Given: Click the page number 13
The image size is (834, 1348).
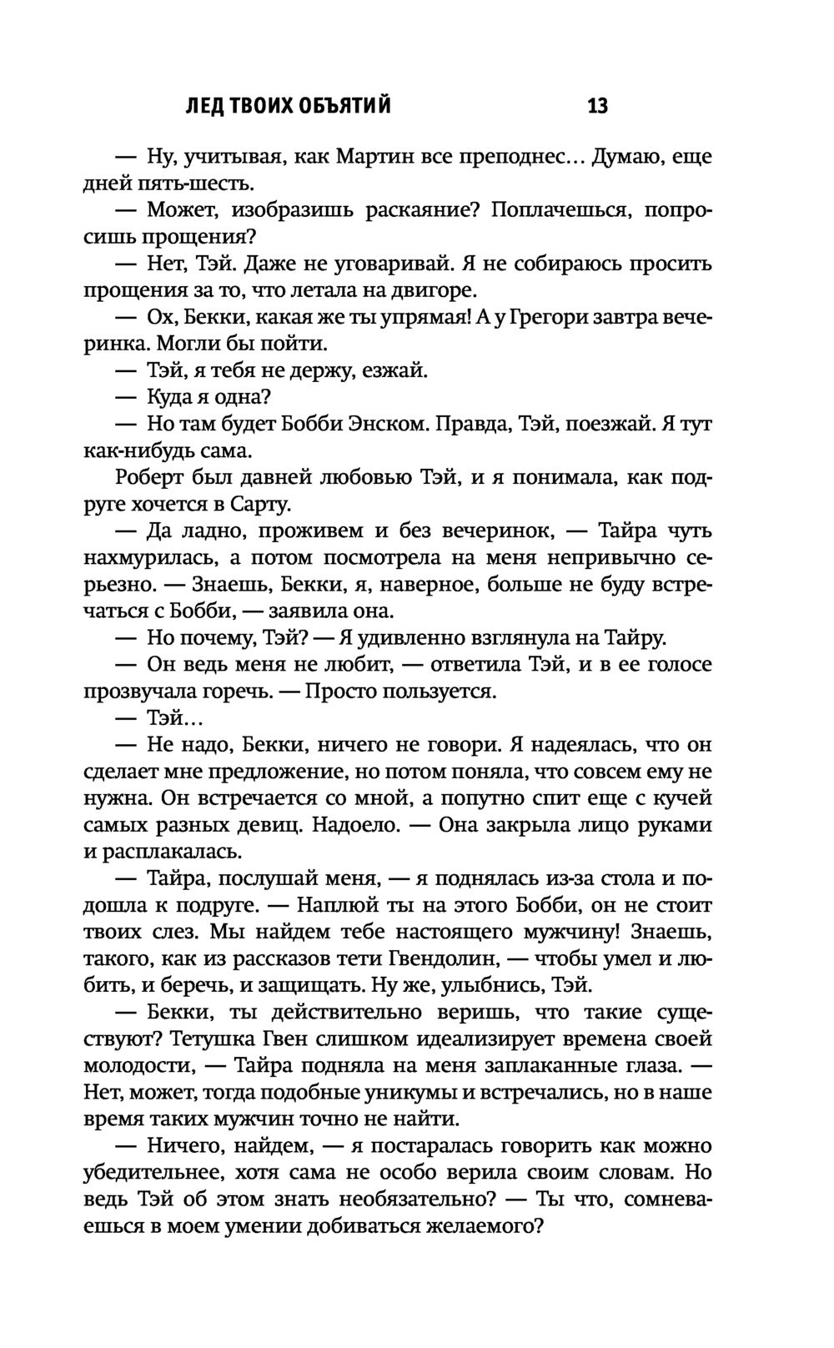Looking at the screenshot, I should pyautogui.click(x=597, y=107).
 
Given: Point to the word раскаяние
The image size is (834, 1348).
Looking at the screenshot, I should pyautogui.click(x=423, y=210).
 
